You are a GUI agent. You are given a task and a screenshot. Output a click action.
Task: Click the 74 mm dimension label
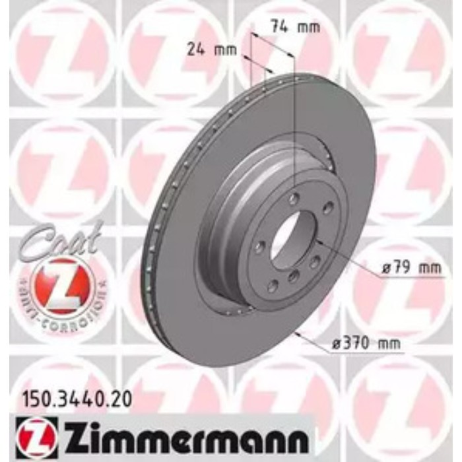(295, 27)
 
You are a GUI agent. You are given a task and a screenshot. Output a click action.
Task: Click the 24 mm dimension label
(203, 48)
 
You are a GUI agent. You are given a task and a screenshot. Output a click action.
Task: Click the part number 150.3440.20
(72, 399)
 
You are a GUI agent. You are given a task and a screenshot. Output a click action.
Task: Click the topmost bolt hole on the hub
(294, 197)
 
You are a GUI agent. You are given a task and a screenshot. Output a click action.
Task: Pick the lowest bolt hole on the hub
(271, 286)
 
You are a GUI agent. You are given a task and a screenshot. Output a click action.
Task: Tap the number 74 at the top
(280, 27)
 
